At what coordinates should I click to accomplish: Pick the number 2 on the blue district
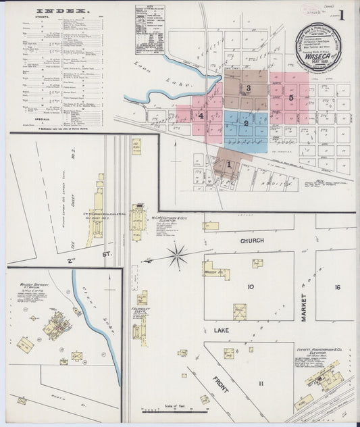pos(247,123)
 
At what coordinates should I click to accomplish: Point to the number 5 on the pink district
pos(291,97)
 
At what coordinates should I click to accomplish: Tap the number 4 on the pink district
pos(201,116)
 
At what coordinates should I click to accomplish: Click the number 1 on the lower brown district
pos(229,164)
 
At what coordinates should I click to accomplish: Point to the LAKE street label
pos(223,330)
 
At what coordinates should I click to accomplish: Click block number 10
pos(250,286)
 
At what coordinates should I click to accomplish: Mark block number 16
pos(336,286)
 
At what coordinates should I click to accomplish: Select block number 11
pos(261,383)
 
